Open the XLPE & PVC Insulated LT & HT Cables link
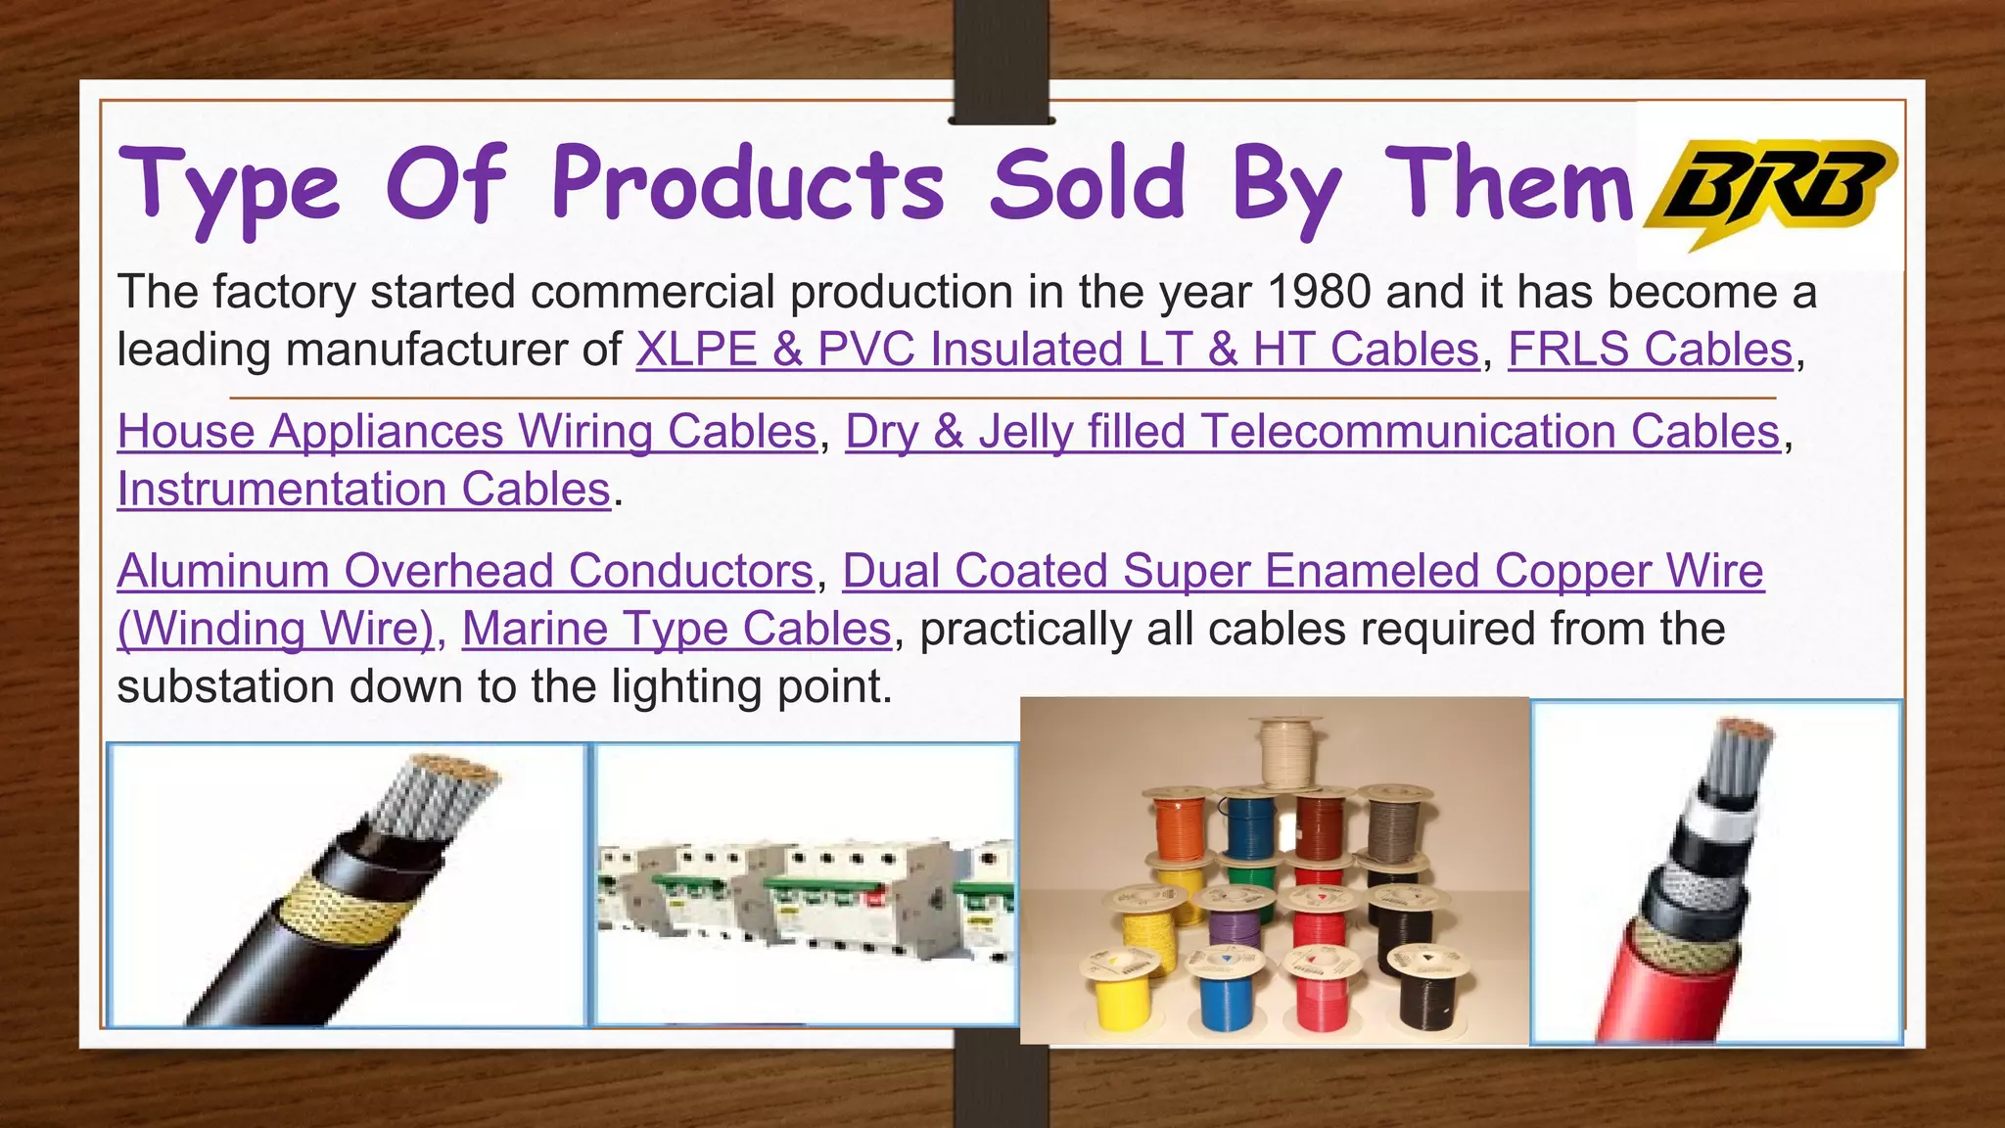pos(1057,350)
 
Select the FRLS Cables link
pos(1650,350)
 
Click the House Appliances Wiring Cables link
pos(467,432)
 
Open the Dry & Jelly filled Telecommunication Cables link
pos(1312,432)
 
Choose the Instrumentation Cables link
pos(364,489)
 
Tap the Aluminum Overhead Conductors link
pos(465,571)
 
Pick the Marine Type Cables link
pos(676,629)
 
